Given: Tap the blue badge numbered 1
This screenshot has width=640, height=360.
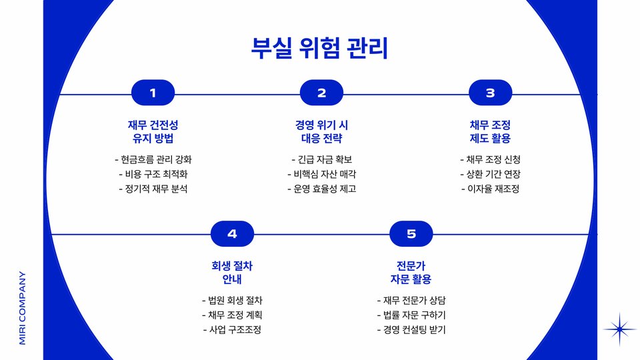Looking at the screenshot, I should click(153, 93).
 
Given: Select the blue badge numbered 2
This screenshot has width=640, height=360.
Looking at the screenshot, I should click(321, 93).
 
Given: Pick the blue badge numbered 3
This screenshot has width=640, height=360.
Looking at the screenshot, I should click(490, 93).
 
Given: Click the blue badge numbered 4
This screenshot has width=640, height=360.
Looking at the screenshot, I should click(232, 233).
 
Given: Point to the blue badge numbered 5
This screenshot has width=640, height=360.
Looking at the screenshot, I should click(411, 233).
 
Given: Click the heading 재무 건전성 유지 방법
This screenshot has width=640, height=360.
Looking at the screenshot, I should click(153, 132).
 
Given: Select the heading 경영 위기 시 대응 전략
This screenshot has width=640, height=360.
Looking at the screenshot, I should click(321, 132).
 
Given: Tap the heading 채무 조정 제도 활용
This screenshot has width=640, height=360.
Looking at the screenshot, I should click(490, 132).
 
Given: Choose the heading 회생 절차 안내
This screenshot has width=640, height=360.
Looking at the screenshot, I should click(232, 272).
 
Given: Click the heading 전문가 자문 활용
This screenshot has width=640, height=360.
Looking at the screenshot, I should click(411, 272).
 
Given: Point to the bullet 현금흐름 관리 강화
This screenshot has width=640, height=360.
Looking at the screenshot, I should click(153, 159).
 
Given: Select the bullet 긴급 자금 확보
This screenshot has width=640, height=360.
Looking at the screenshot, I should click(321, 159).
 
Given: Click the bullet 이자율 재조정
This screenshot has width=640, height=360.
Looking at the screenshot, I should click(490, 189).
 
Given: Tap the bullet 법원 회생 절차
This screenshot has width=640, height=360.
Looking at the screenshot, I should click(232, 300).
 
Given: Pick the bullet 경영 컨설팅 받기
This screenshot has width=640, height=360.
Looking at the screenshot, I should click(411, 330).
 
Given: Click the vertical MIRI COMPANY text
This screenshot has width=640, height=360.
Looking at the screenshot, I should click(23, 307).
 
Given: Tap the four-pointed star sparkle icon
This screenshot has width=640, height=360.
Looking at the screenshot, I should click(620, 329).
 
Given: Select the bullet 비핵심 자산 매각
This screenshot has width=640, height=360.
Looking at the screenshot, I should click(321, 174).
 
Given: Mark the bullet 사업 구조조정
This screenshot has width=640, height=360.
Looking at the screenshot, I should click(232, 330).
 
